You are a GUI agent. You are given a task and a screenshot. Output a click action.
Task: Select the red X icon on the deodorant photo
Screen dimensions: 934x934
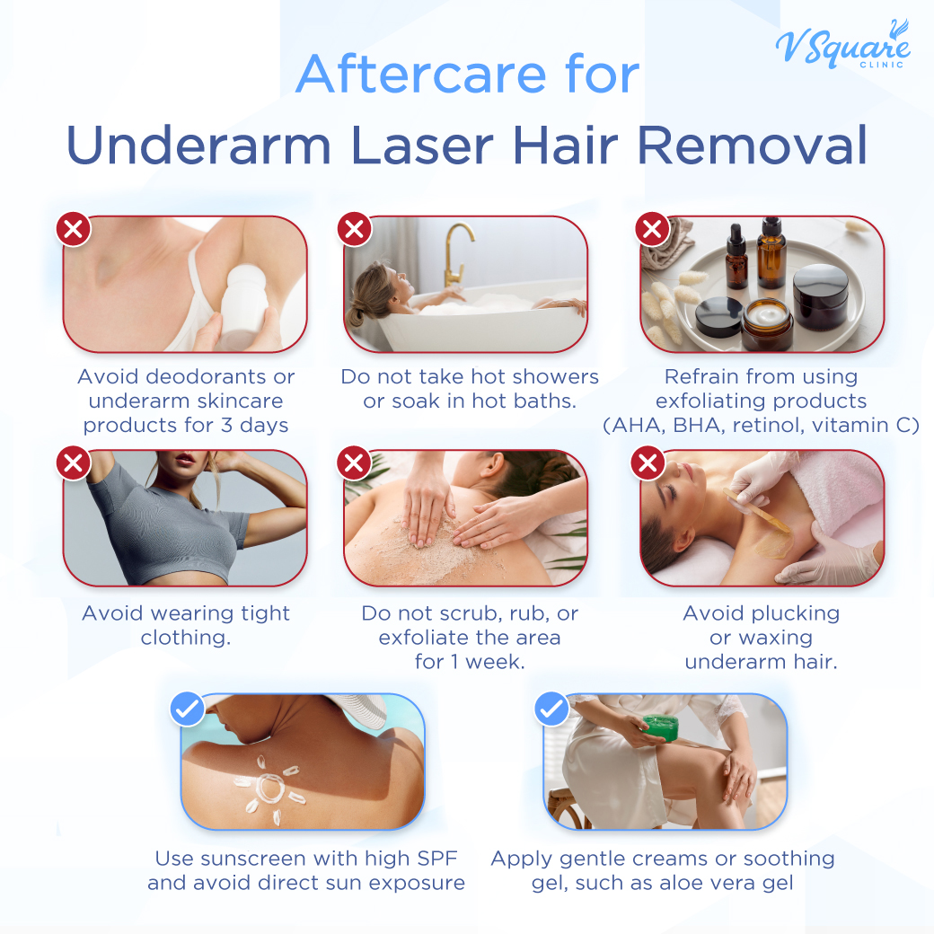tap(74, 229)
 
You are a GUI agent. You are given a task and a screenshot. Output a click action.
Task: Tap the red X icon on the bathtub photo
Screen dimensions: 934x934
tap(355, 229)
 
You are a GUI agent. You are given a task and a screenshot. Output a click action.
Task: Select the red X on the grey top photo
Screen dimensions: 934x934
tap(74, 463)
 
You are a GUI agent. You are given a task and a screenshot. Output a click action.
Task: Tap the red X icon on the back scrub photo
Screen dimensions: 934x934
tap(355, 463)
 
